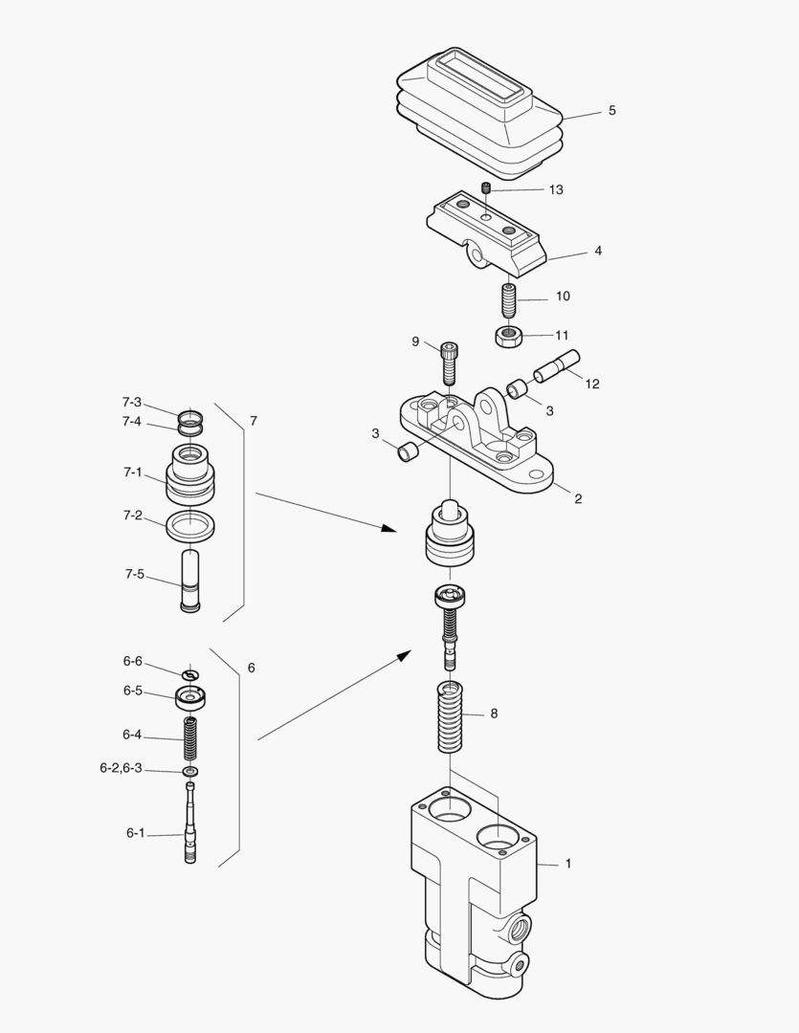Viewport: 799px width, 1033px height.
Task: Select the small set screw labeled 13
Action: coord(486,188)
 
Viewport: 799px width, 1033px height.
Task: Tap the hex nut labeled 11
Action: coord(507,336)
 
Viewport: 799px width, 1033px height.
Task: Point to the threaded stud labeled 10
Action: coord(510,300)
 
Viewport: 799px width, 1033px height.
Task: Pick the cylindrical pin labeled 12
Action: coord(558,367)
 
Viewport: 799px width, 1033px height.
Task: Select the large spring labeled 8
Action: coord(450,716)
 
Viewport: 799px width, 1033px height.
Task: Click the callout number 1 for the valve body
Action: coord(568,863)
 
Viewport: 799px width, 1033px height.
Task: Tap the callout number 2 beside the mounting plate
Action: coord(577,498)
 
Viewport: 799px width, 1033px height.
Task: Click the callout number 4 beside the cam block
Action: coord(598,252)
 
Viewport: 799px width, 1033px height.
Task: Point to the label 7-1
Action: coord(132,473)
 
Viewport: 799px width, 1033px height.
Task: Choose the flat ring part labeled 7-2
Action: coord(189,524)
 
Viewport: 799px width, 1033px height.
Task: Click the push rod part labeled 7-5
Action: coord(189,581)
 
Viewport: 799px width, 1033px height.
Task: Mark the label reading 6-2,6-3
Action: coord(121,767)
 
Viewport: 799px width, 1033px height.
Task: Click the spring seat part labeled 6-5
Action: coord(190,697)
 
